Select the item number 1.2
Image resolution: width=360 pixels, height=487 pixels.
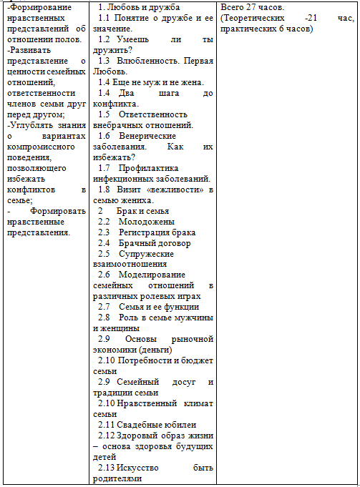(104, 39)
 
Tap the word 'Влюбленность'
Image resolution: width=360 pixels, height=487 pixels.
(149, 61)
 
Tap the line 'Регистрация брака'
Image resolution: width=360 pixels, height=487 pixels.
(157, 232)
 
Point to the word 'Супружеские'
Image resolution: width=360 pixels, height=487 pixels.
(146, 254)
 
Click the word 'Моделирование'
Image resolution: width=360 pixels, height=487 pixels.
(152, 275)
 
